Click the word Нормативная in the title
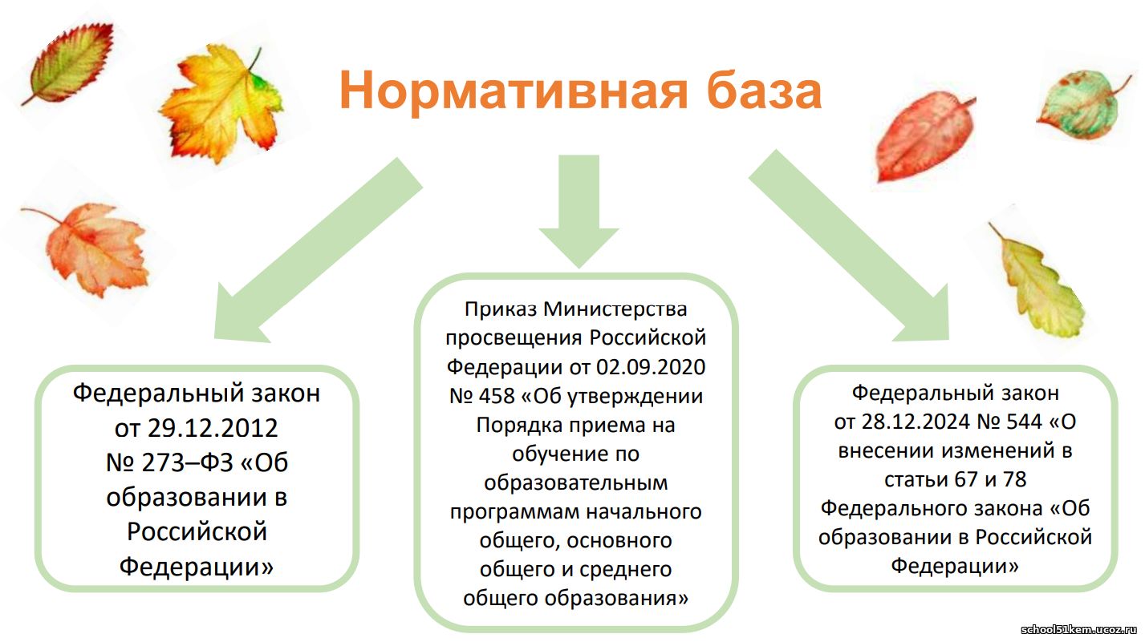point(514,91)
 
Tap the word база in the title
point(764,90)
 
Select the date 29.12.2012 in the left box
point(213,428)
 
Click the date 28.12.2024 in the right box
point(916,422)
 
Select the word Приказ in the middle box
point(501,309)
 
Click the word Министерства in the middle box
point(615,309)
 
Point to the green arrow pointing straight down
point(579,212)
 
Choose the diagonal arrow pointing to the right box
point(849,244)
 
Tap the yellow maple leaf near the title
point(221,102)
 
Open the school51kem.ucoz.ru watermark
point(1078,630)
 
